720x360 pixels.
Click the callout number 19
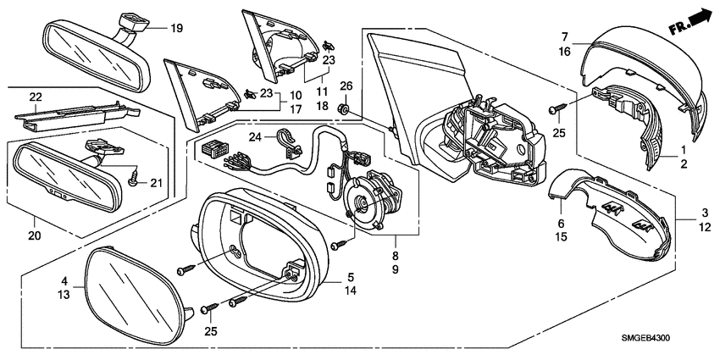click(x=176, y=29)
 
